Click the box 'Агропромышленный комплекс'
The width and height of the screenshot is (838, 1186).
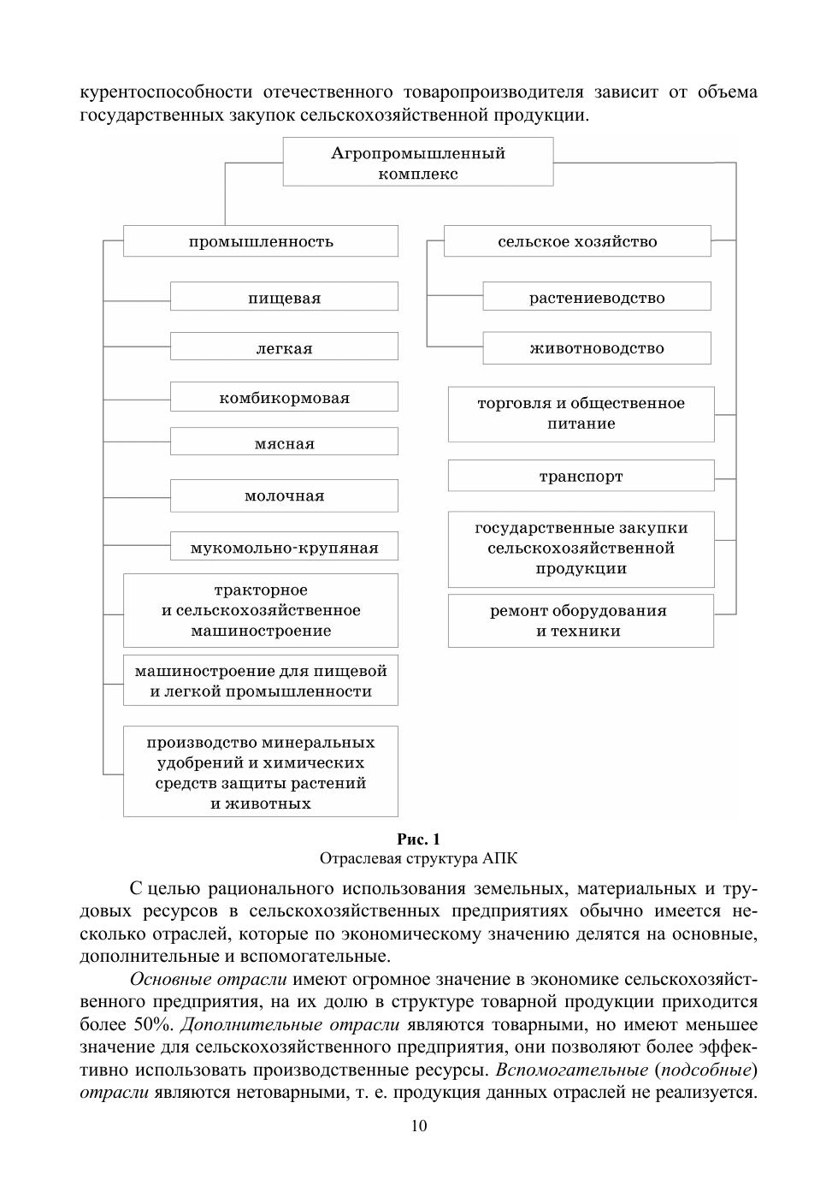[417, 163]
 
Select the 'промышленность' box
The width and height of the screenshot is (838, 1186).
[261, 241]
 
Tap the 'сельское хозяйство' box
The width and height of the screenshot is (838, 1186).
[577, 241]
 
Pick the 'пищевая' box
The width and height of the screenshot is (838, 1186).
[284, 298]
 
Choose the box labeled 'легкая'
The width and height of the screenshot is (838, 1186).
[284, 347]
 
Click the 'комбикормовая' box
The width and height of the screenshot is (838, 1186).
[284, 398]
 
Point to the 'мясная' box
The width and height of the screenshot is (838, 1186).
[284, 443]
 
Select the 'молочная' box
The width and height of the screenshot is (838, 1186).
[284, 495]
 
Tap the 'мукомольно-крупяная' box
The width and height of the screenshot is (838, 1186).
[284, 548]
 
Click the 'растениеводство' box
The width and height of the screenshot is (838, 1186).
[596, 298]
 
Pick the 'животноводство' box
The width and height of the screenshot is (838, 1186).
[596, 347]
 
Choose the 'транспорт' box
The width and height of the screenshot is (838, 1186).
[581, 476]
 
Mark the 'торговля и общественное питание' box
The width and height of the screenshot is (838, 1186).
[581, 413]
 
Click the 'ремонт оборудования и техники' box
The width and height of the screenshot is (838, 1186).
[581, 620]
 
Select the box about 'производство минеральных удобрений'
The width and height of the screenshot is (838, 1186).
[261, 772]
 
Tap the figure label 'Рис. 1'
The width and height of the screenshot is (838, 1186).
[418, 839]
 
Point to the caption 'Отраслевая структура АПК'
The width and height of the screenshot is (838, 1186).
[418, 858]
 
